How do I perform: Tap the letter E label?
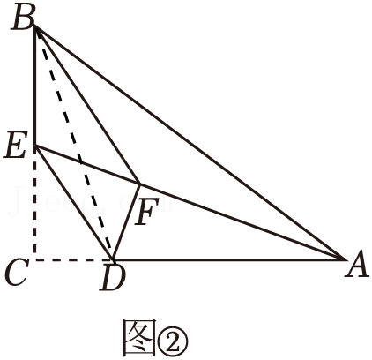click(x=16, y=145)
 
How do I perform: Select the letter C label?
click(x=17, y=273)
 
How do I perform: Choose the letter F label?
click(x=146, y=211)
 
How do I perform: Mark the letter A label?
click(x=357, y=265)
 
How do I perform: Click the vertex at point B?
click(x=35, y=26)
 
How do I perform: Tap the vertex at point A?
click(x=345, y=259)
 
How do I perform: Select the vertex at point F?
click(x=139, y=184)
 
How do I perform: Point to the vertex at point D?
click(x=112, y=259)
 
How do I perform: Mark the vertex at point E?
click(x=35, y=146)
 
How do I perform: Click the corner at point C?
click(x=35, y=259)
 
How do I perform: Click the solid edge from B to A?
click(x=190, y=143)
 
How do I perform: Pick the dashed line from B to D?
click(x=74, y=143)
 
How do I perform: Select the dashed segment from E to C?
click(x=35, y=203)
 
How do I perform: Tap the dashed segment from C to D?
click(x=74, y=259)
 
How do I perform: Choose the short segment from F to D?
click(x=126, y=221)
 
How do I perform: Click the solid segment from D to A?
click(x=228, y=259)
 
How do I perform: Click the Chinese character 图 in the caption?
click(x=139, y=338)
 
